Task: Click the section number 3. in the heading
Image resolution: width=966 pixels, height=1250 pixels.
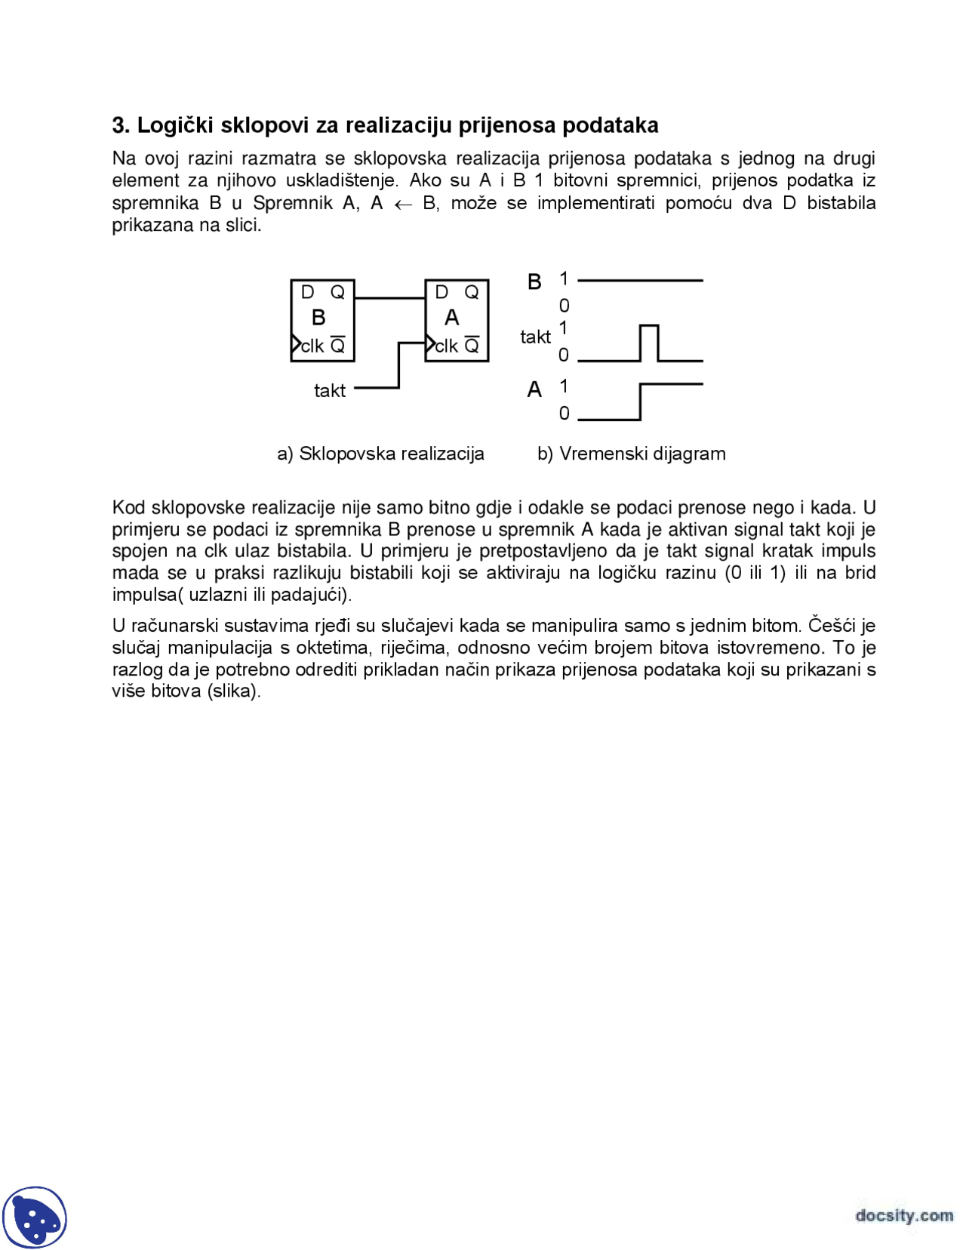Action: [121, 125]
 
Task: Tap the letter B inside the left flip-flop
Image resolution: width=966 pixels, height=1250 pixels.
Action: [318, 318]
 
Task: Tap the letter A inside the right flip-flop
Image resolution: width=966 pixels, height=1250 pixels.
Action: [451, 318]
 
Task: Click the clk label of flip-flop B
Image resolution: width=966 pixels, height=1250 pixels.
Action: [312, 346]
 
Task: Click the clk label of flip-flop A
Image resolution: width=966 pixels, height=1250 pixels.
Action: [446, 346]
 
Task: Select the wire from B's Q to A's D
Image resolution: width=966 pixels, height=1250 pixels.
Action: [389, 298]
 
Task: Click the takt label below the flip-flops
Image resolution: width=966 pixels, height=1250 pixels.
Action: [330, 391]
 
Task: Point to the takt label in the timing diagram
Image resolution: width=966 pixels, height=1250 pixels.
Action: [535, 337]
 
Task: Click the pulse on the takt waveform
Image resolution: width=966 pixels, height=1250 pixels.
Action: [649, 327]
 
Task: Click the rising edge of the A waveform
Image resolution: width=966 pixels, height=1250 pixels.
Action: [640, 402]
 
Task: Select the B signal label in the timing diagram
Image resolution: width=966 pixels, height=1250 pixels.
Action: [534, 282]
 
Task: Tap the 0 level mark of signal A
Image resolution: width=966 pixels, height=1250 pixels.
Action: [564, 414]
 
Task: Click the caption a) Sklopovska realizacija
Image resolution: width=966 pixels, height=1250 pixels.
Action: [380, 454]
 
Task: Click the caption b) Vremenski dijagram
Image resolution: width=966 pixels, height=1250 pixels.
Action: [631, 454]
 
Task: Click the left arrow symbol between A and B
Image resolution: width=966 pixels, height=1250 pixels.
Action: [403, 205]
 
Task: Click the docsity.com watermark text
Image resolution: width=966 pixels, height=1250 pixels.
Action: [903, 1215]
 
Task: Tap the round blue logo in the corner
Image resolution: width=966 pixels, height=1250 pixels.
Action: [35, 1217]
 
